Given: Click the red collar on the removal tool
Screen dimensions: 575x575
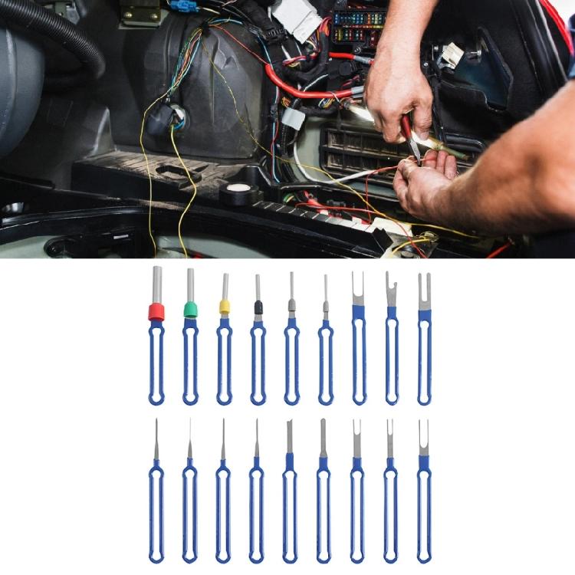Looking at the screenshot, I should click(156, 311).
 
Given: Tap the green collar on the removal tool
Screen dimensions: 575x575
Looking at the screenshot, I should click(190, 310).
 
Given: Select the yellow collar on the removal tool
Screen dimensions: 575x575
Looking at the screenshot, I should click(225, 307).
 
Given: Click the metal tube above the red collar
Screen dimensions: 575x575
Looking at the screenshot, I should click(157, 284).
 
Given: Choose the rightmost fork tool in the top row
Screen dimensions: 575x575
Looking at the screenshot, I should click(425, 337).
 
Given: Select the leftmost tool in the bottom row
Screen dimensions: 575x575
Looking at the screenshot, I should click(156, 491).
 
